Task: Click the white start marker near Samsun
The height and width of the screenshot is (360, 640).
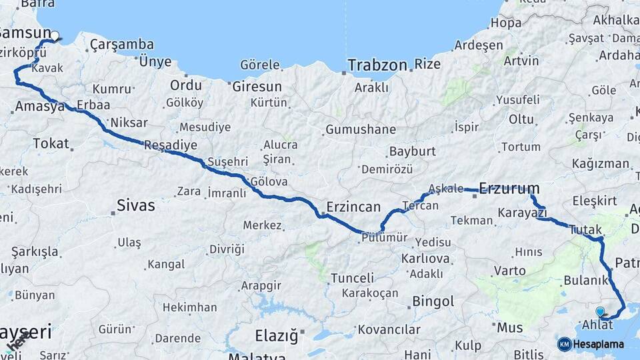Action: coord(55,36)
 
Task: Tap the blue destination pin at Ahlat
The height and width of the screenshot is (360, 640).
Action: coord(600,311)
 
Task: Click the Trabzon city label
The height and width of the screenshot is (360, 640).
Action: coord(376,65)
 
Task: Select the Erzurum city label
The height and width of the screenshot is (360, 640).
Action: coord(509,189)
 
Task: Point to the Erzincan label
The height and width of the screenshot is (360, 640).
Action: coord(353,207)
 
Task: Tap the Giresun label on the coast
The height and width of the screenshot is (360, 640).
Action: coord(257,87)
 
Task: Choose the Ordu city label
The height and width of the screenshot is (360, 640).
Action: coord(185,85)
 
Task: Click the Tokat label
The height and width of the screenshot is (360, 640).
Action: coord(51,143)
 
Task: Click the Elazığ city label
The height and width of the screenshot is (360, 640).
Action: coord(277,335)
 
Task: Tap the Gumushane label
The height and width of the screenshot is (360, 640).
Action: coord(360,129)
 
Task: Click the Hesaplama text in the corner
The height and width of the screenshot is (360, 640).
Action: coord(599,345)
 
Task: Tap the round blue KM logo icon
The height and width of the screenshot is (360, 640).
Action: coord(565,344)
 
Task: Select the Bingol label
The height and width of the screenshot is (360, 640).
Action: coord(433,301)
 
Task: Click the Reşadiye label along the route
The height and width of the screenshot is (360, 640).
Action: coord(171,145)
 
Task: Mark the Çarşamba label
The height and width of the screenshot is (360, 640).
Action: coord(122,45)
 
